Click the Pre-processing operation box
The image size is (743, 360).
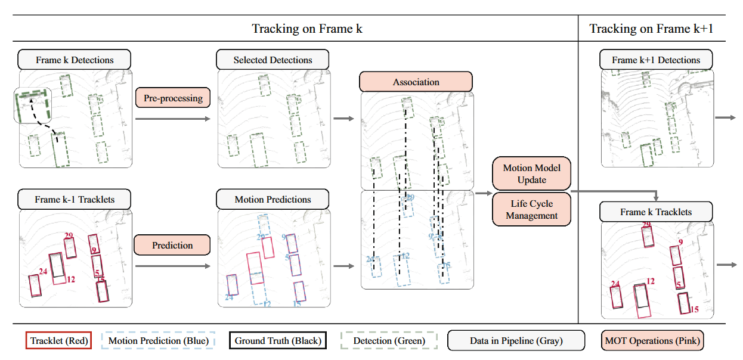pyautogui.click(x=173, y=98)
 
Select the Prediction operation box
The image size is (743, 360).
pyautogui.click(x=172, y=245)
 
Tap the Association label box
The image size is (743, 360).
pyautogui.click(x=416, y=82)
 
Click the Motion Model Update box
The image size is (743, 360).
pyautogui.click(x=532, y=174)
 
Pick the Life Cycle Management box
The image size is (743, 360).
pyautogui.click(x=532, y=210)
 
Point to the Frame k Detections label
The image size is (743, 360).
pyautogui.click(x=75, y=60)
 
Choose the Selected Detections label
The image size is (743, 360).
pyautogui.click(x=273, y=60)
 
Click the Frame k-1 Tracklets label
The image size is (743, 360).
pyautogui.click(x=75, y=199)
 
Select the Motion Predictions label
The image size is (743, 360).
pyautogui.click(x=273, y=199)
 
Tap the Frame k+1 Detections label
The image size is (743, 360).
pyautogui.click(x=655, y=60)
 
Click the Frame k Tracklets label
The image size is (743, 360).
pyautogui.click(x=655, y=212)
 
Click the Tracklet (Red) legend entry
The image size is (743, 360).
pyautogui.click(x=58, y=340)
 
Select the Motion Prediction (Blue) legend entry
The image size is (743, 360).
pyautogui.click(x=158, y=340)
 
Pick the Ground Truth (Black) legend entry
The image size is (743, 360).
pyautogui.click(x=277, y=340)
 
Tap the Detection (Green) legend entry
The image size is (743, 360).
pyautogui.click(x=389, y=340)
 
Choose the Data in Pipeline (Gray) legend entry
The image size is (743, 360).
pyautogui.click(x=516, y=340)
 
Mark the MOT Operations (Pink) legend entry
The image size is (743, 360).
pyautogui.click(x=652, y=340)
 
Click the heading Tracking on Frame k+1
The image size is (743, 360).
pyautogui.click(x=651, y=29)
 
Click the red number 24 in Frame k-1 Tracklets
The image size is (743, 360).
pyautogui.click(x=43, y=272)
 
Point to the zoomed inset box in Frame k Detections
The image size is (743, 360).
pyautogui.click(x=32, y=105)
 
